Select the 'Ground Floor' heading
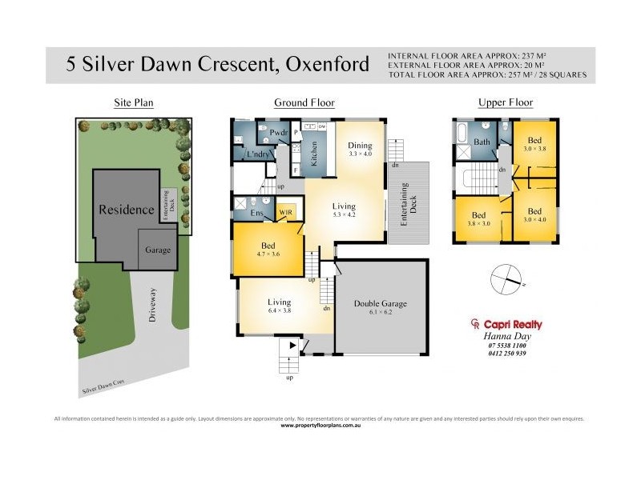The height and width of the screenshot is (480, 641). pyautogui.click(x=304, y=102)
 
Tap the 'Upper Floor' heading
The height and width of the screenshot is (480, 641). pyautogui.click(x=505, y=102)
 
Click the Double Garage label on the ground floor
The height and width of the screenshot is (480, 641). pyautogui.click(x=381, y=304)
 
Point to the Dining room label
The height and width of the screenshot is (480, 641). pyautogui.click(x=361, y=145)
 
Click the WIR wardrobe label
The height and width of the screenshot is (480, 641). pyautogui.click(x=285, y=212)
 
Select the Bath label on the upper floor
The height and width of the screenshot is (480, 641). pyautogui.click(x=482, y=142)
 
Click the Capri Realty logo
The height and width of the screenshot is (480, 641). pyautogui.click(x=506, y=325)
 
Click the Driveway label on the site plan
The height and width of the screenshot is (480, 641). pyautogui.click(x=152, y=304)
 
